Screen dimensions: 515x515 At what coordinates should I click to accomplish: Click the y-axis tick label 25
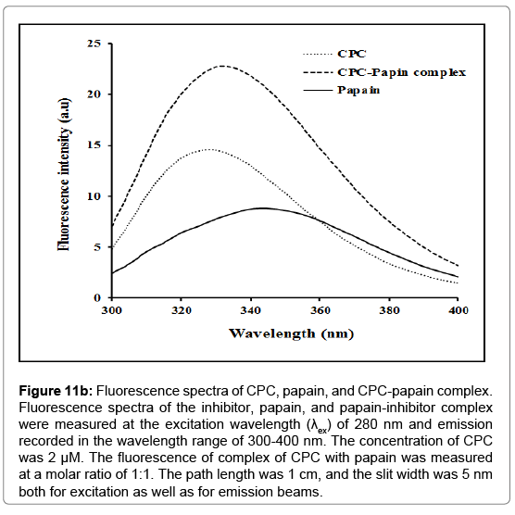tap(94, 44)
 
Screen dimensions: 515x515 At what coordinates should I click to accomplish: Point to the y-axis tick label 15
tap(94, 145)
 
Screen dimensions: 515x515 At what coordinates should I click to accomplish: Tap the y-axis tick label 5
tap(97, 247)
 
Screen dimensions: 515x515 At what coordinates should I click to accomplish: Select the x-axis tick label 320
tap(181, 310)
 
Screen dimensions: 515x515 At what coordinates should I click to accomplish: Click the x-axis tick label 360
tap(320, 310)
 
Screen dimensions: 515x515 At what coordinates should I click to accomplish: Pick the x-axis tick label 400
tap(458, 310)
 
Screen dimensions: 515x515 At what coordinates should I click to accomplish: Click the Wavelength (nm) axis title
tap(291, 333)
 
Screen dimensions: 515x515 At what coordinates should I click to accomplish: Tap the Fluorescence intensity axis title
tap(64, 174)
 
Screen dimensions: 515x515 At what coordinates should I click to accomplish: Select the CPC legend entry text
tap(351, 54)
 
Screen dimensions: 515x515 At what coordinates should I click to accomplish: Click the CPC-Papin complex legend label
tap(401, 72)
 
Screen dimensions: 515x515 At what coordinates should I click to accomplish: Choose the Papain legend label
tap(358, 90)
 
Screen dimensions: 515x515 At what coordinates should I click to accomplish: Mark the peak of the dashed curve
tap(222, 66)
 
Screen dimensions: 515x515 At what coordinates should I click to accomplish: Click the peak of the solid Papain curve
tap(263, 207)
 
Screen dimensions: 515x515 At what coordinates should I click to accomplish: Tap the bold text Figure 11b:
tap(56, 392)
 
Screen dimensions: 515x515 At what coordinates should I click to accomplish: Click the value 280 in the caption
tap(365, 424)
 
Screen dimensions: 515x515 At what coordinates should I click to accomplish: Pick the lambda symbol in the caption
tap(314, 424)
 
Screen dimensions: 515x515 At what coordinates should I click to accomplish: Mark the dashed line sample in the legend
tap(318, 72)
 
